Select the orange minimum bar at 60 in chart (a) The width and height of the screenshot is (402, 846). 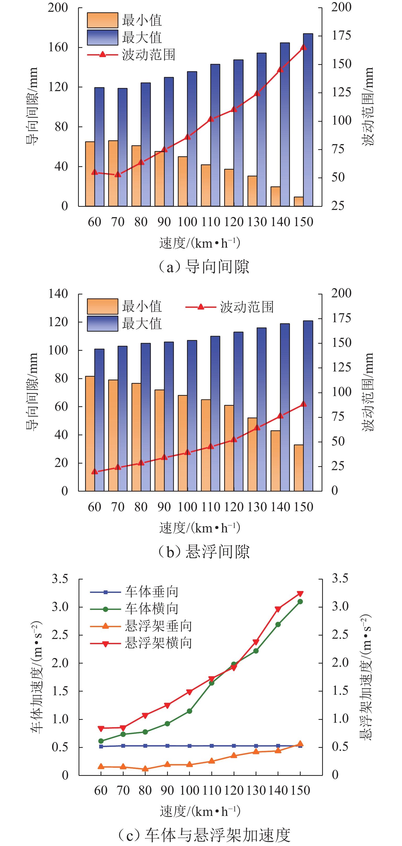(x=90, y=174)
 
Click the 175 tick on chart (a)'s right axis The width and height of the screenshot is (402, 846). (x=342, y=36)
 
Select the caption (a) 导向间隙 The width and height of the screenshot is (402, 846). (x=204, y=267)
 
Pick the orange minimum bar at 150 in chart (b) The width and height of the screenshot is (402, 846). (x=299, y=468)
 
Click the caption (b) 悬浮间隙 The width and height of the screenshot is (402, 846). (x=204, y=552)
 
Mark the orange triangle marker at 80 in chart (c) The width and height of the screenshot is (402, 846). (x=145, y=769)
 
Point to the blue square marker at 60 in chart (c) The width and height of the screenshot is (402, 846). (x=101, y=747)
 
